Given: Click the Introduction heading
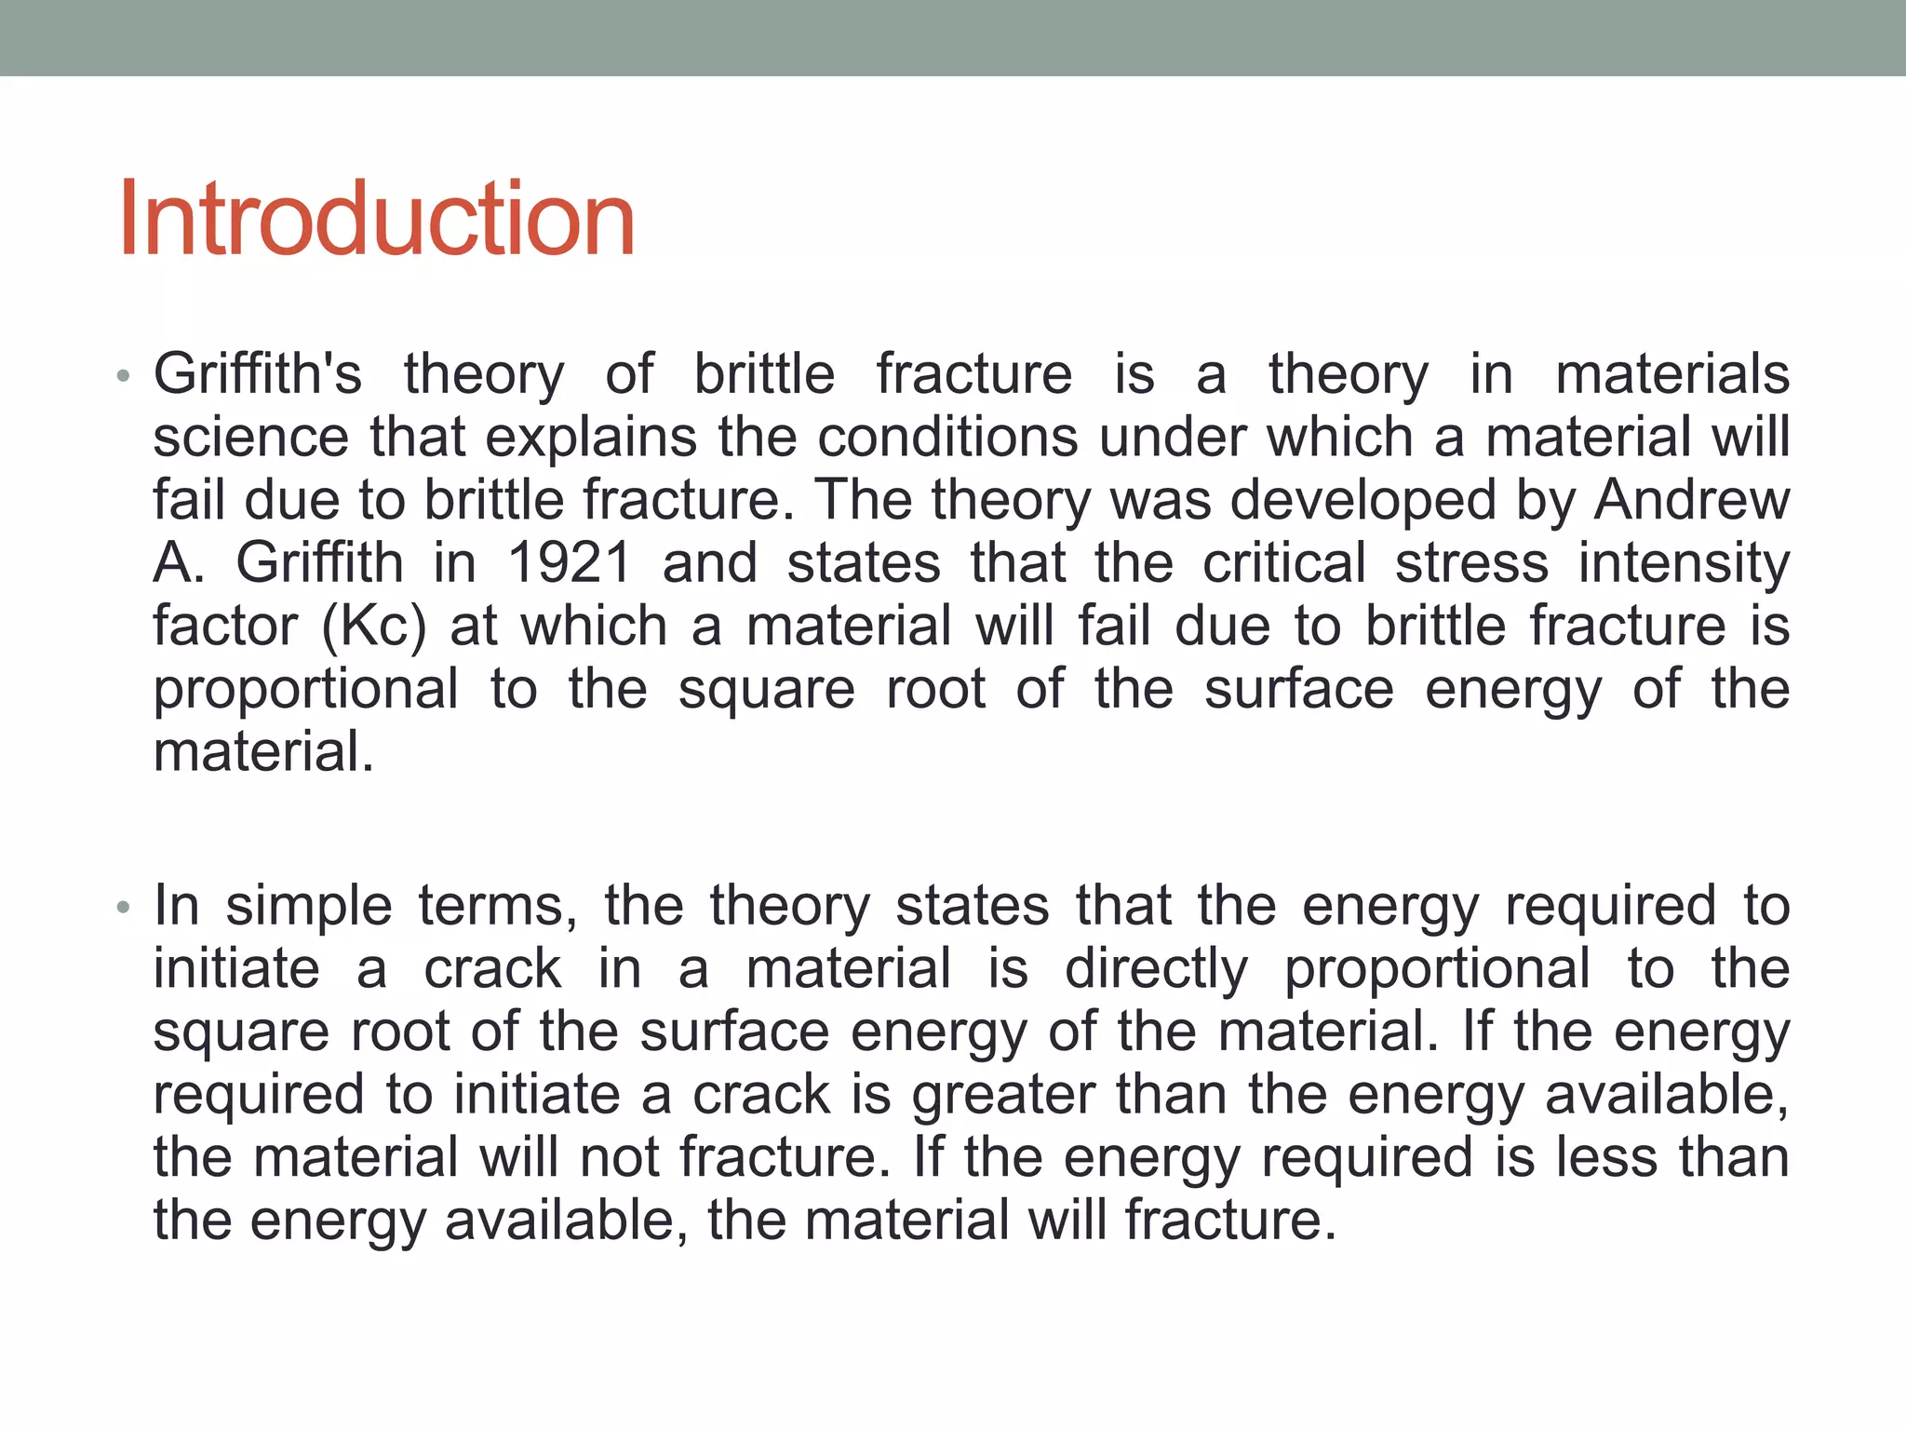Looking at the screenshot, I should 377,220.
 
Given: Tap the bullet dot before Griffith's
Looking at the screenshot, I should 122,377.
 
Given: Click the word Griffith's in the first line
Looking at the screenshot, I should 258,374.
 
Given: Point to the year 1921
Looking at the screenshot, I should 570,563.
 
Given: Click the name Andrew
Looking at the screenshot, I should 1691,501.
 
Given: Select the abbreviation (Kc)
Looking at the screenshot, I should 373,627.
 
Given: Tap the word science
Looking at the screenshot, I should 250,438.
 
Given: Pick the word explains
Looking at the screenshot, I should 591,438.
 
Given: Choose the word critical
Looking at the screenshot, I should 1284,563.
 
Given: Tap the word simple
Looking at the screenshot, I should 309,907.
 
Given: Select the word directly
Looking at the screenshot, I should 1156,970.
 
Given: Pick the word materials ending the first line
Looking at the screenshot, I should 1672,374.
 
